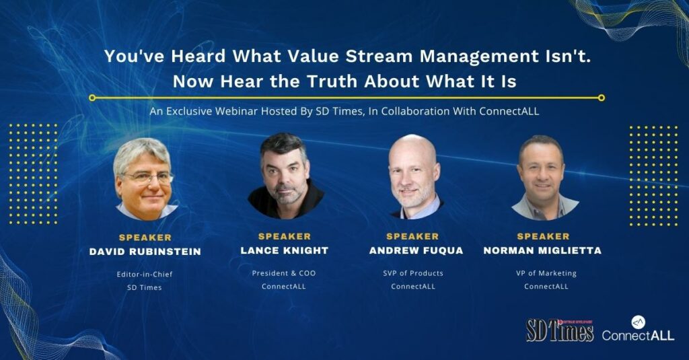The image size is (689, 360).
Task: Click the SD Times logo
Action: (560, 330)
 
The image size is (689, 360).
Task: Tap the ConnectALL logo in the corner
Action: (638, 328)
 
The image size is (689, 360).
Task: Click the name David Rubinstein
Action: (145, 252)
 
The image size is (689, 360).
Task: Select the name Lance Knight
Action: (285, 250)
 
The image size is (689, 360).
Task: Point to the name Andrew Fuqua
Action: (416, 250)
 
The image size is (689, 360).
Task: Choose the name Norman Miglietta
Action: (542, 250)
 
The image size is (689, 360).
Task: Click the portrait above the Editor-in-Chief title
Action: (145, 179)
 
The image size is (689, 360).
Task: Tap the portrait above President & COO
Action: (285, 176)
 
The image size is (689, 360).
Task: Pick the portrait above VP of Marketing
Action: (544, 178)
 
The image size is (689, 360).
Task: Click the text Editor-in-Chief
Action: (145, 275)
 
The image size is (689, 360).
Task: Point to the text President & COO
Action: (284, 273)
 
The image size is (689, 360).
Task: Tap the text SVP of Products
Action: (413, 273)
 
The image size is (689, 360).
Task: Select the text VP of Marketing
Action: (546, 273)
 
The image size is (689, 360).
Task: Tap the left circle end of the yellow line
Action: (92, 98)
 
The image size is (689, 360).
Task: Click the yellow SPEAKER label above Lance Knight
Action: (285, 236)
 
